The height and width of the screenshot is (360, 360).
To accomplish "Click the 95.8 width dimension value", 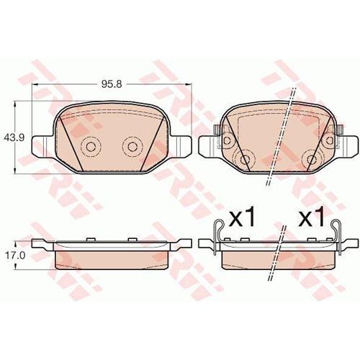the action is [x=112, y=84].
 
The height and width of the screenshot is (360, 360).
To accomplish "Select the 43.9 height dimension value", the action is [x=14, y=138].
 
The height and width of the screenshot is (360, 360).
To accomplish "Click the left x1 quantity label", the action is [x=241, y=217].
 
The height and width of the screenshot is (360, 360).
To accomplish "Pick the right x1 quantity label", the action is [x=311, y=217].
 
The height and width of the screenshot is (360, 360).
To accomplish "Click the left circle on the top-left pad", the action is [x=91, y=146].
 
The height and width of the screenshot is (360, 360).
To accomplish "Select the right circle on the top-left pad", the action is [x=132, y=146].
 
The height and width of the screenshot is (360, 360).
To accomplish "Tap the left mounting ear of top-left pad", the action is [x=42, y=146].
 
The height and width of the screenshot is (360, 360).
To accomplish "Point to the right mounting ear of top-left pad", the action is [x=181, y=146].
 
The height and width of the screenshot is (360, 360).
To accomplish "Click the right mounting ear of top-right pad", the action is [x=348, y=146].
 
